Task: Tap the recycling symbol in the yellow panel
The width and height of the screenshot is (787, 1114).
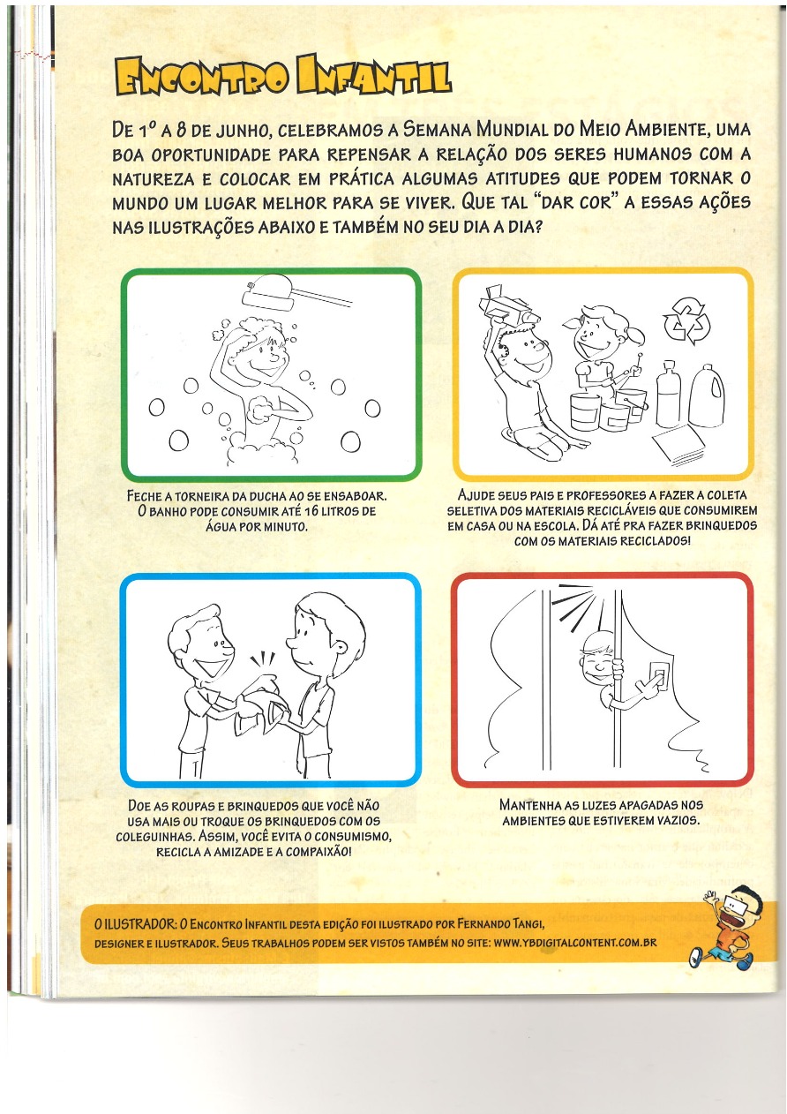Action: click(686, 322)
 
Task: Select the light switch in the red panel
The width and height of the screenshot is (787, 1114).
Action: click(658, 676)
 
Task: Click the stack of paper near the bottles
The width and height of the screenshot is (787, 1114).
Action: click(678, 445)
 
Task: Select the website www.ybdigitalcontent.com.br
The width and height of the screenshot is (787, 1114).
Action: click(575, 943)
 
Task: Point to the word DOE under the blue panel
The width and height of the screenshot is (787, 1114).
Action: click(139, 805)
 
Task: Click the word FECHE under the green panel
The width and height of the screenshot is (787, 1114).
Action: click(143, 496)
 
